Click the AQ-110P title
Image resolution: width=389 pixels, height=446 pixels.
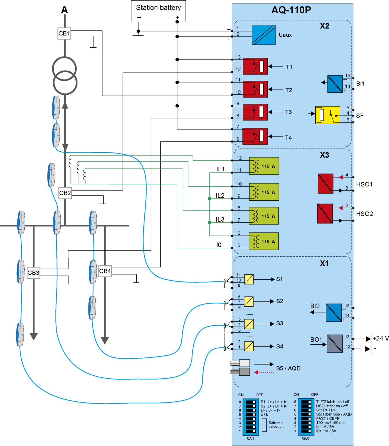[x=291, y=10]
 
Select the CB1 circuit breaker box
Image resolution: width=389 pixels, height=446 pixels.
[x=64, y=33]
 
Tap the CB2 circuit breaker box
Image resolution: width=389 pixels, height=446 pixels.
[x=65, y=193]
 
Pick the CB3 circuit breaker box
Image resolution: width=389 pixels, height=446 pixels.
[x=33, y=273]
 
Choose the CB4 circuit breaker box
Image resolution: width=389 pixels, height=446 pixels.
[x=105, y=271]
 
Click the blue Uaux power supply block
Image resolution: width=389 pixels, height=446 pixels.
[x=263, y=35]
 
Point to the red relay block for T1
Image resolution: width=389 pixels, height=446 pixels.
[x=255, y=66]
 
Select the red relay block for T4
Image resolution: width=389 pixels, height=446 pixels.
[x=255, y=136]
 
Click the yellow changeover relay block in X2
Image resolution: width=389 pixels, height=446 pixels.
[x=328, y=115]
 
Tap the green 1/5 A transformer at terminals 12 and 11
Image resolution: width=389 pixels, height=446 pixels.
[x=264, y=166]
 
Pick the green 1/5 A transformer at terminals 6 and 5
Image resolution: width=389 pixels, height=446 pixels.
[x=264, y=241]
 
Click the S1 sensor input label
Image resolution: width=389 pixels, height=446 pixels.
[x=279, y=279]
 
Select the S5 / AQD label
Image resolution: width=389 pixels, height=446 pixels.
[x=288, y=368]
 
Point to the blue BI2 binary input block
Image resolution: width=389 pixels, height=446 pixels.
[x=334, y=312]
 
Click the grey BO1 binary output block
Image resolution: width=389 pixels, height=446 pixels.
[x=335, y=344]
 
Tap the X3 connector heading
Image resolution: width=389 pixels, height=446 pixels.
[x=324, y=155]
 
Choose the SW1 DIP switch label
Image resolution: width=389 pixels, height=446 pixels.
[x=250, y=439]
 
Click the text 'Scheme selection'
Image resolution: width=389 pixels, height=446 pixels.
[x=276, y=425]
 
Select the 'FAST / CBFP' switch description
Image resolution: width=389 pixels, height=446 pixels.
[x=328, y=418]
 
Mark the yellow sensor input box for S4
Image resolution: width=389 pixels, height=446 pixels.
[x=249, y=346]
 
